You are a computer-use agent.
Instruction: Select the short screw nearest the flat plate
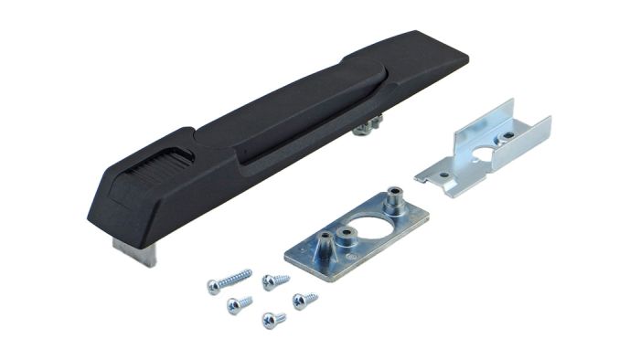coord(304,299)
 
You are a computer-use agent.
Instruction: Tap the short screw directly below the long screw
coord(240,303)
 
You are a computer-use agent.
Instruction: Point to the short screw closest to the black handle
coord(274,281)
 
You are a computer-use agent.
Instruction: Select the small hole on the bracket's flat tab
coord(443,174)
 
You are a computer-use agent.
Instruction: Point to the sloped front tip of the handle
coord(105,206)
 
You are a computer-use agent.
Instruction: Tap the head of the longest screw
coord(213,287)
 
